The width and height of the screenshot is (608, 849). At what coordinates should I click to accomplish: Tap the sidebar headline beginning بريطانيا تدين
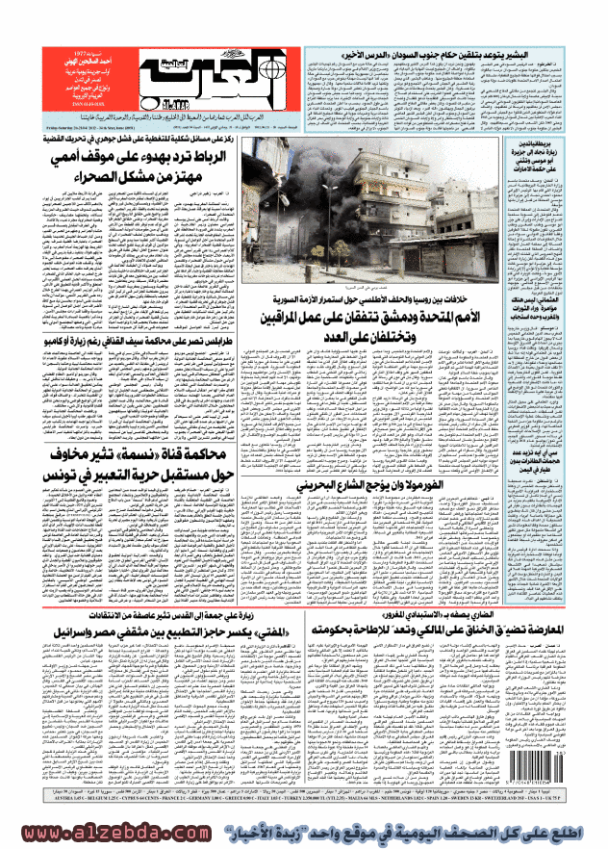tap(548, 153)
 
